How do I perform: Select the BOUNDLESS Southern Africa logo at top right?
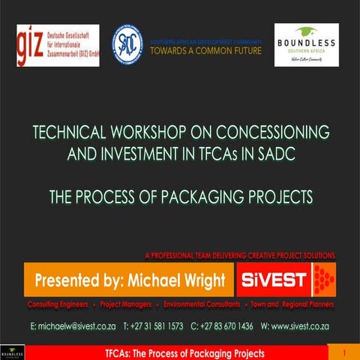[x=306, y=44]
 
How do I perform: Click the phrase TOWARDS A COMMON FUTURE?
[x=206, y=51]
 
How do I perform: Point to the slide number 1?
[x=343, y=352]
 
